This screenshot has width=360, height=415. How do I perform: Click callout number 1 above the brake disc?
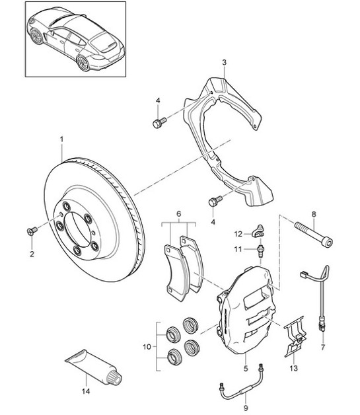coord(61,139)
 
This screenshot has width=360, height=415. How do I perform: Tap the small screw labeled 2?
coord(30,230)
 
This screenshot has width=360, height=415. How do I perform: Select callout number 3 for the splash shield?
coord(224,63)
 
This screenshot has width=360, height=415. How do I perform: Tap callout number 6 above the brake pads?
coord(178,213)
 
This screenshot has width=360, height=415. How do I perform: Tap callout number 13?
coord(294,368)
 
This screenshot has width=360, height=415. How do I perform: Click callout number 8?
coord(313,213)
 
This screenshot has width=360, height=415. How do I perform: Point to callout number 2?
coord(30,253)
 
